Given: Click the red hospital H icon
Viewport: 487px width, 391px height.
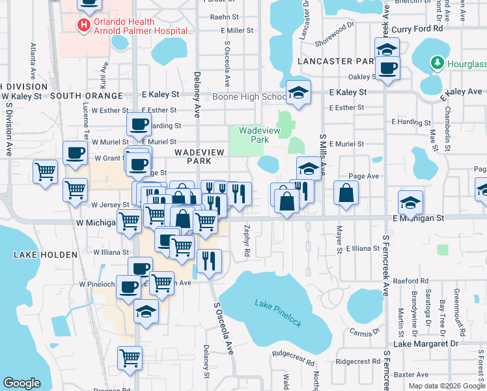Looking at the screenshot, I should coord(83,25).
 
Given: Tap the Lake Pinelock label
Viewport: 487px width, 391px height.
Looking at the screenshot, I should coord(278,304).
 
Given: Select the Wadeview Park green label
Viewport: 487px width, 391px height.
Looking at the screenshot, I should coord(254,135).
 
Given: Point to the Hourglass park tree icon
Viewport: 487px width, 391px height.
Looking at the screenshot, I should coord(436,63).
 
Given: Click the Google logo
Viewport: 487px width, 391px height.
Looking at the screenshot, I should coord(22,383).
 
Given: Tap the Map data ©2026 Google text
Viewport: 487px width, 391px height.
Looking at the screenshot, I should coord(446,385).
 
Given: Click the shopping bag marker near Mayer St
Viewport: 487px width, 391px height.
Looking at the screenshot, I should coord(346,193).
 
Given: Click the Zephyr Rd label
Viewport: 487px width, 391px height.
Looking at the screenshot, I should coord(247,240).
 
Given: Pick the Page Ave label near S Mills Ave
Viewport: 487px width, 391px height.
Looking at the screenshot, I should coord(364,176).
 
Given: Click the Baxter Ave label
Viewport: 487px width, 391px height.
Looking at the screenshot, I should coord(412,374).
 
